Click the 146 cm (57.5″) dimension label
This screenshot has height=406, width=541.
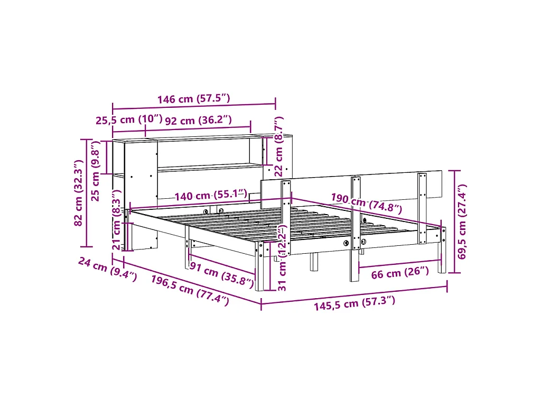[x=193, y=99]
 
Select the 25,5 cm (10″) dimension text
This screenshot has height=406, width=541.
[x=129, y=120]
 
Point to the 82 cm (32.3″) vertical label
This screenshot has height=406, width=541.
[x=79, y=193]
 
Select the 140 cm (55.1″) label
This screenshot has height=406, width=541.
[x=211, y=196]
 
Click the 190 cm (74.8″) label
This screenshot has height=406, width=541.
[x=366, y=202]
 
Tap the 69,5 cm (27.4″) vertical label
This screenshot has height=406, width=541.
[x=463, y=222]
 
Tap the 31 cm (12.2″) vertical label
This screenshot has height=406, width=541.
[x=282, y=257]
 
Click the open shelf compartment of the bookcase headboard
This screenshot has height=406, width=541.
[x=203, y=153]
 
